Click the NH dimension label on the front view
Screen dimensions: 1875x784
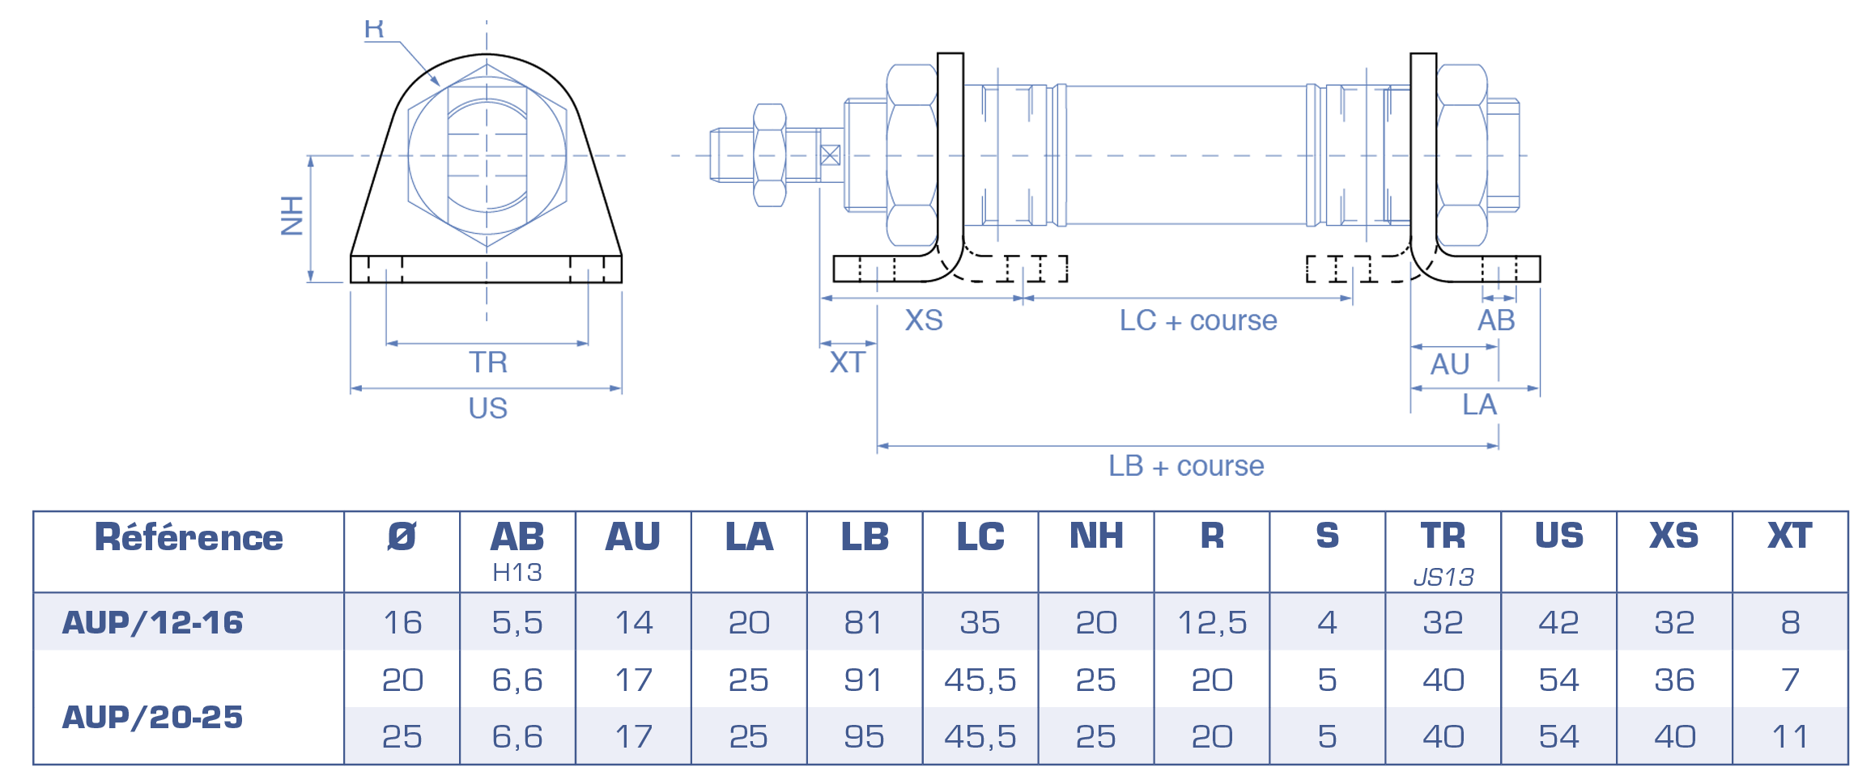[x=292, y=216]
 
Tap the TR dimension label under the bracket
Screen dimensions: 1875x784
[x=488, y=362]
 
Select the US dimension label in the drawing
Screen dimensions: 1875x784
[x=488, y=409]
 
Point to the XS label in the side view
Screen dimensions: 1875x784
[x=924, y=320]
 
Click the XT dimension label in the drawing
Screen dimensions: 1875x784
[x=848, y=362]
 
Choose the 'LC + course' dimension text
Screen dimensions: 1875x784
[x=1198, y=320]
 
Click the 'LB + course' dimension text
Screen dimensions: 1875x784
[x=1186, y=466]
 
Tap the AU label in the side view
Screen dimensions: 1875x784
[x=1450, y=364]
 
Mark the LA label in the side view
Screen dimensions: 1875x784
[x=1479, y=405]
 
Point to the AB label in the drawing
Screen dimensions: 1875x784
[x=1496, y=320]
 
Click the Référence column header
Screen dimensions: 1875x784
[x=189, y=537]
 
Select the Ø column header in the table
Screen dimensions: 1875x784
[x=402, y=536]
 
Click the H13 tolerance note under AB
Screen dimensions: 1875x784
[x=517, y=573]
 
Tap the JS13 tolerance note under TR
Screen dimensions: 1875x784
[x=1443, y=577]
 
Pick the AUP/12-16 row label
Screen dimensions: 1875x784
[x=152, y=622]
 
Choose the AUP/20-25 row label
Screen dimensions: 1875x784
[x=152, y=717]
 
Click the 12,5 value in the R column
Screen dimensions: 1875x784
[x=1212, y=622]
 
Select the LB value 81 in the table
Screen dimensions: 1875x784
[x=864, y=622]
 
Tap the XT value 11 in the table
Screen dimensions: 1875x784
[x=1790, y=736]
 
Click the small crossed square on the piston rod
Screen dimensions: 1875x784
[x=830, y=155]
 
